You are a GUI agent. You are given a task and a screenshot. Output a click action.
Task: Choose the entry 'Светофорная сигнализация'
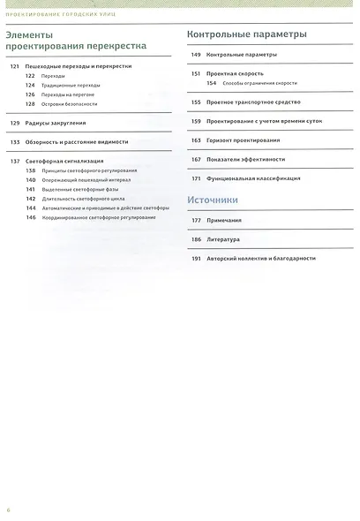point(65,161)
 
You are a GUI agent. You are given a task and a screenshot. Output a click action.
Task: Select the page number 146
point(31,216)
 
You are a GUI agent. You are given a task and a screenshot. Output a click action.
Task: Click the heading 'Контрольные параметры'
point(247,34)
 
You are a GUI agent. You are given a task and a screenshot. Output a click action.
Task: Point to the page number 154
point(212,83)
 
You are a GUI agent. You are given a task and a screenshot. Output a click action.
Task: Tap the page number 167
point(196,159)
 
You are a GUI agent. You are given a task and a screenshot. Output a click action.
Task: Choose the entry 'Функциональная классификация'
point(253,177)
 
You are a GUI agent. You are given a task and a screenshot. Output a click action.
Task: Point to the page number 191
point(196,258)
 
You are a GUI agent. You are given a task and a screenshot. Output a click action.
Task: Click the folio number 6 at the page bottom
point(9,510)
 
